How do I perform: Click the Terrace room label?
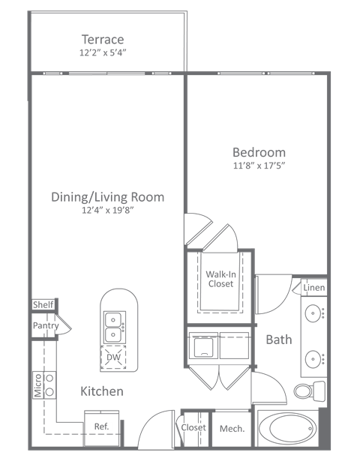pos(103,40)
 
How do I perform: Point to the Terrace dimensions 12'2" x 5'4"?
pos(103,53)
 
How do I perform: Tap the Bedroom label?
pos(259,152)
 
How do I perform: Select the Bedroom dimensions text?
pos(259,165)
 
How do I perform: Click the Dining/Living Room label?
pos(107,197)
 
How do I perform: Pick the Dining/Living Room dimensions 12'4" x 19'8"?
pos(107,211)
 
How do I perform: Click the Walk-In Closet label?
pos(220,279)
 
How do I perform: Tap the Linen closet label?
pos(313,289)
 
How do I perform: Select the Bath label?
pos(278,340)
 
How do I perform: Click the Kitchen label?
pos(102,391)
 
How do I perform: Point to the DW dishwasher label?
pos(113,358)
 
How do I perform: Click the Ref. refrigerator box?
pos(101,427)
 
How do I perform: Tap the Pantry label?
pos(45,326)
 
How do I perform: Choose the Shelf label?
pos(43,305)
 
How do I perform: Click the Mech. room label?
pos(229,429)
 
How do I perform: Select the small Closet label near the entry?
pos(193,428)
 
